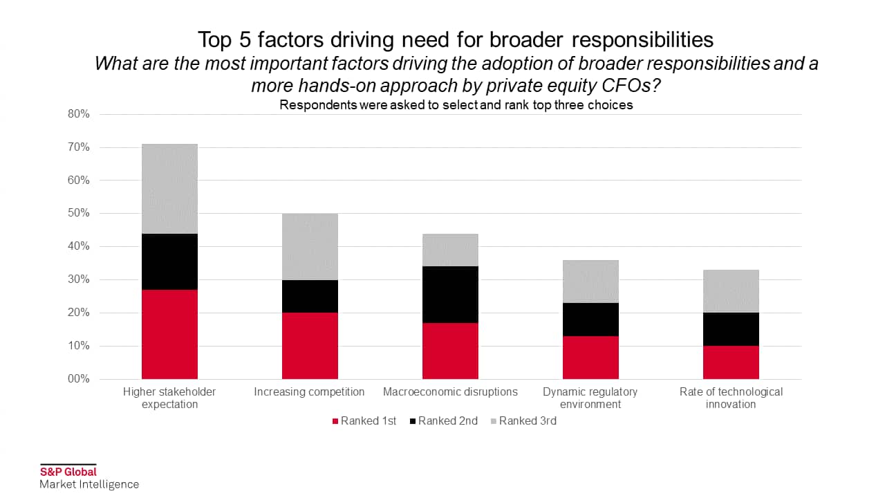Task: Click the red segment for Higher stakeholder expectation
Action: [x=169, y=334]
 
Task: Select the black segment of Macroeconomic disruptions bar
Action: [x=450, y=294]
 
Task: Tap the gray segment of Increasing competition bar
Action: [x=310, y=246]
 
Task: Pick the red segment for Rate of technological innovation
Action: [x=731, y=362]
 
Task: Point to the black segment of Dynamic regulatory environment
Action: [x=590, y=319]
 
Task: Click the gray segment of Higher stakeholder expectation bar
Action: [x=169, y=189]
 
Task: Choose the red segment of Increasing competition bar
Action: [x=310, y=345]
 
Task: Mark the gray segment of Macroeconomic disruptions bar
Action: [x=450, y=250]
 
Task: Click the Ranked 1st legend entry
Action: [x=364, y=421]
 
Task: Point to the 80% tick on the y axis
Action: [x=79, y=114]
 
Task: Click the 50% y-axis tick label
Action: [x=79, y=213]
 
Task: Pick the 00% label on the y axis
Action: [x=79, y=379]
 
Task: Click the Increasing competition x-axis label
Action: [x=309, y=391]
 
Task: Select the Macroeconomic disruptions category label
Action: [x=450, y=391]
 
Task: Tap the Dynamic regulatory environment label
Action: [x=590, y=398]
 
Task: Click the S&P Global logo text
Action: [x=68, y=472]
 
